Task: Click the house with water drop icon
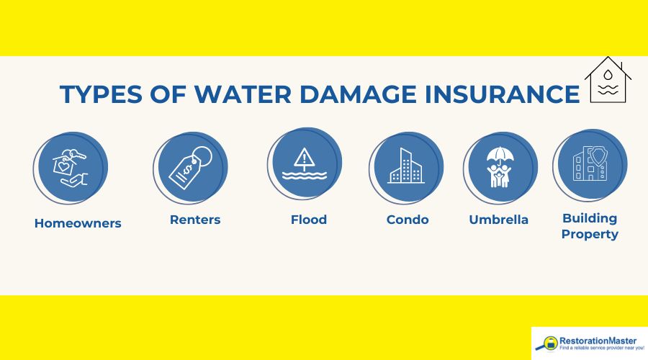pyautogui.click(x=608, y=81)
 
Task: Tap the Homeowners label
pyautogui.click(x=78, y=223)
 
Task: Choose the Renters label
pyautogui.click(x=195, y=220)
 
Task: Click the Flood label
pyautogui.click(x=308, y=220)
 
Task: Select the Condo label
pyautogui.click(x=408, y=220)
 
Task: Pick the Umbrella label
pyautogui.click(x=498, y=220)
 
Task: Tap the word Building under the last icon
pyautogui.click(x=590, y=218)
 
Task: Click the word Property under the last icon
pyautogui.click(x=590, y=234)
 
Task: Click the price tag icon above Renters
pyautogui.click(x=189, y=167)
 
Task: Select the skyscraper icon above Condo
pyautogui.click(x=405, y=167)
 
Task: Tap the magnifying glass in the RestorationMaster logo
pyautogui.click(x=549, y=344)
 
